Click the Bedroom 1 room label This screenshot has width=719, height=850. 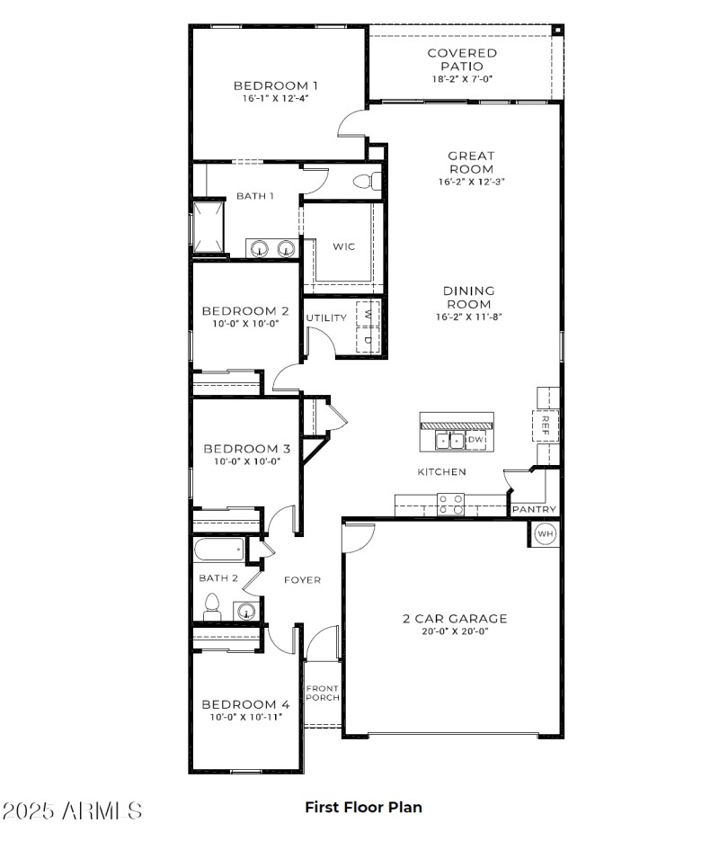pos(276,86)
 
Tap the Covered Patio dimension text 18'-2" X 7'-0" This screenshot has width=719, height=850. pos(461,79)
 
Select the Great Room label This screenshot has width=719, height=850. pos(471,162)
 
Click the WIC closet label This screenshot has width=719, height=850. pos(344,246)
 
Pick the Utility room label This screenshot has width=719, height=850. pos(326,318)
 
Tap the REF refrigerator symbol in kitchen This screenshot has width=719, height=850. pos(545,425)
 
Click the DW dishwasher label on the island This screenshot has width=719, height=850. pos(475,440)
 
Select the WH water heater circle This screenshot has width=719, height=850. pos(545,534)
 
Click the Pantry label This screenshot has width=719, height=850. pos(535,510)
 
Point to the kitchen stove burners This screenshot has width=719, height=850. pos(449,504)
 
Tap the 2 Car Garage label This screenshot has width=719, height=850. pos(454,619)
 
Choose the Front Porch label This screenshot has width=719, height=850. pos(322,693)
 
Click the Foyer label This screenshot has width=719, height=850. pos(302,580)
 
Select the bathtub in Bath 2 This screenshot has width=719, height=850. pos(217,547)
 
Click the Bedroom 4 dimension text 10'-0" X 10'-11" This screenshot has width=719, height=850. pos(246,718)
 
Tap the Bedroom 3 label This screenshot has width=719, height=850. pos(246,449)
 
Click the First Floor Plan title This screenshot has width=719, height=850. pos(363,807)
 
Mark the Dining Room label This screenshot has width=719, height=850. pos(468,297)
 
